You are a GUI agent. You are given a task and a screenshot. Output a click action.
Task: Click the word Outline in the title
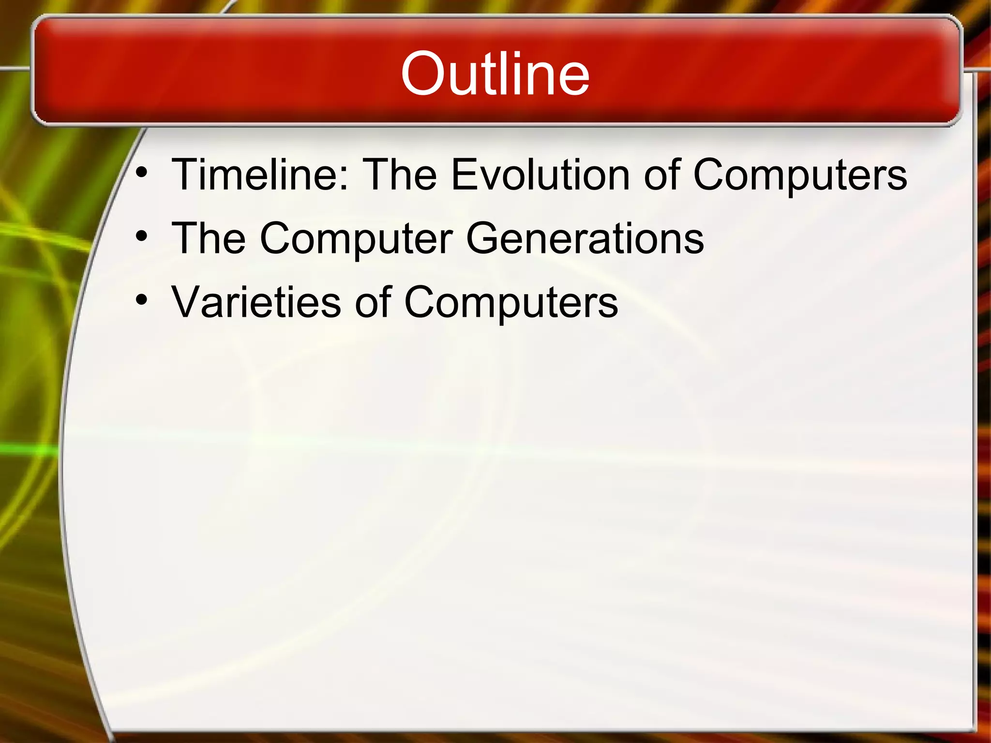pyautogui.click(x=495, y=74)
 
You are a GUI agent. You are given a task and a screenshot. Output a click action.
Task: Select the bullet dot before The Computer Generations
pyautogui.click(x=141, y=237)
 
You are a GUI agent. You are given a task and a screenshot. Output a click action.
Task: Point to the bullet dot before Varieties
pyautogui.click(x=141, y=300)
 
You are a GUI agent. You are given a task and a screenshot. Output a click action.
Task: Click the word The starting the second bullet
pyautogui.click(x=209, y=238)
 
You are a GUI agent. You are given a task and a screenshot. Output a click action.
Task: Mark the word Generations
pyautogui.click(x=585, y=238)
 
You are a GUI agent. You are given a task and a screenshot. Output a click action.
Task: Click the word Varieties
pyautogui.click(x=256, y=302)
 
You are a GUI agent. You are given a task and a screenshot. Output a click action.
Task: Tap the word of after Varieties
pyautogui.click(x=372, y=302)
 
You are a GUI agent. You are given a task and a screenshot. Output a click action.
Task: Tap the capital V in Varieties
pyautogui.click(x=189, y=302)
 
